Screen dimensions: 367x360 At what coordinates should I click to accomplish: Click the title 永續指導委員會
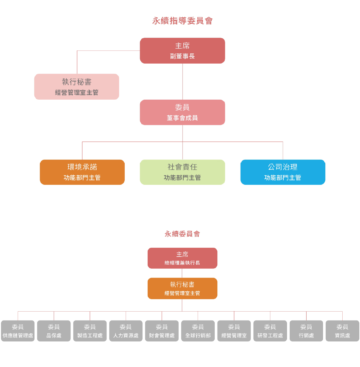[182, 21]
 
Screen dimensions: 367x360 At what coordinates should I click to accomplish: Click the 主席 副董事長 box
[182, 50]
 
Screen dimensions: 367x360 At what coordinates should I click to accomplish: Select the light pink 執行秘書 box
[77, 87]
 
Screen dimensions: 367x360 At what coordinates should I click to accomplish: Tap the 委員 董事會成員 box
[182, 112]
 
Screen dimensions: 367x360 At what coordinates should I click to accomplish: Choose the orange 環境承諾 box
[82, 172]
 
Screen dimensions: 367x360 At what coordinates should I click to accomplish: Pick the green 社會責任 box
[182, 172]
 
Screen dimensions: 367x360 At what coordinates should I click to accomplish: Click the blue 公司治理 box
[283, 172]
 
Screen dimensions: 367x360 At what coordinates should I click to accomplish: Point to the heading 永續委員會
[182, 234]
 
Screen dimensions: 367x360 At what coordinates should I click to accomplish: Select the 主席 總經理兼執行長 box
[182, 258]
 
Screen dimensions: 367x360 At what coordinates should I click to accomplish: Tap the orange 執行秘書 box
[182, 288]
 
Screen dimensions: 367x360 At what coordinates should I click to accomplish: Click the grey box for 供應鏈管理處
[18, 331]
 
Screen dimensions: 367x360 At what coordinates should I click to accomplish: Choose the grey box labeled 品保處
[54, 331]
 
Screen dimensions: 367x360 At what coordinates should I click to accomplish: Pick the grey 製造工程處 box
[90, 331]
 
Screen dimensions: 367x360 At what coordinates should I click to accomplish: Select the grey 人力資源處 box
[126, 331]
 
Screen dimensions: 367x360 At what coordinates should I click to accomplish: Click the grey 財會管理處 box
[162, 331]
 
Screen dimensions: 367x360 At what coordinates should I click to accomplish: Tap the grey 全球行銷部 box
[198, 331]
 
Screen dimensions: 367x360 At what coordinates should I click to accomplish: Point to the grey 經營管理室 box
[234, 331]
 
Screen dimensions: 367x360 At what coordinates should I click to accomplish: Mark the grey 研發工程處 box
[270, 331]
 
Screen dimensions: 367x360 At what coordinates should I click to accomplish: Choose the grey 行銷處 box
[306, 331]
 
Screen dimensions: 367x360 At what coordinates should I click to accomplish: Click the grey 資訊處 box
[342, 331]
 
